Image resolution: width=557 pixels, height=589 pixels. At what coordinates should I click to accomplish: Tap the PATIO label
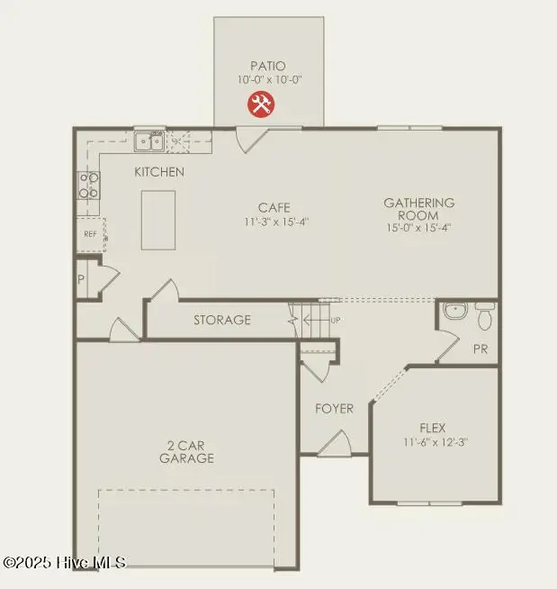pyautogui.click(x=269, y=66)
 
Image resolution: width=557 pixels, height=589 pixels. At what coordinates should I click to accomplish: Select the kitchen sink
pyautogui.click(x=148, y=140)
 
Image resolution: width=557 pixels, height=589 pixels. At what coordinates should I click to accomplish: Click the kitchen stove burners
pyautogui.click(x=89, y=186)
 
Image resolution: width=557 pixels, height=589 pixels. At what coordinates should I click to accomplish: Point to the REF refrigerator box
pyautogui.click(x=90, y=233)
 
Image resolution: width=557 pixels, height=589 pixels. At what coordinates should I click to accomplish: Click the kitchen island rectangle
pyautogui.click(x=158, y=220)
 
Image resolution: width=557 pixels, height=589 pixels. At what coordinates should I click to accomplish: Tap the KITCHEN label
pyautogui.click(x=159, y=172)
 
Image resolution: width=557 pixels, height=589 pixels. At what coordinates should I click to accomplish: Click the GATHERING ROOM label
pyautogui.click(x=418, y=209)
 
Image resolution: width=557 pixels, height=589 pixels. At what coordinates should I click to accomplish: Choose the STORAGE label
pyautogui.click(x=222, y=320)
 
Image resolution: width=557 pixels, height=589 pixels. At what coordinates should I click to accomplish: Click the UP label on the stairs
pyautogui.click(x=336, y=320)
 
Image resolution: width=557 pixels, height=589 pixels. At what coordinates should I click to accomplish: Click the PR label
pyautogui.click(x=480, y=349)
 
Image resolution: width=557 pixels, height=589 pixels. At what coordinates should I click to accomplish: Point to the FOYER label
pyautogui.click(x=333, y=408)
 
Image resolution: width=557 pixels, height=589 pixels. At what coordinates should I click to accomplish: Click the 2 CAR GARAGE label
pyautogui.click(x=188, y=451)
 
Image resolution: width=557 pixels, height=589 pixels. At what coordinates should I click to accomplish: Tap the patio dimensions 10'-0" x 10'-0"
pyautogui.click(x=269, y=79)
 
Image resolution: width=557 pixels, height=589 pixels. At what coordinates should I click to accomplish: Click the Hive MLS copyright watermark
pyautogui.click(x=65, y=562)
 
